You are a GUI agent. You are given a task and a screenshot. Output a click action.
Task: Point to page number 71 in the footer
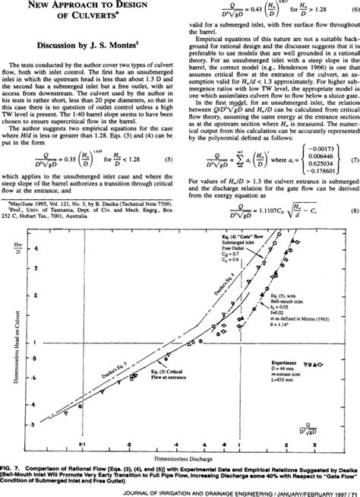(351, 490)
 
